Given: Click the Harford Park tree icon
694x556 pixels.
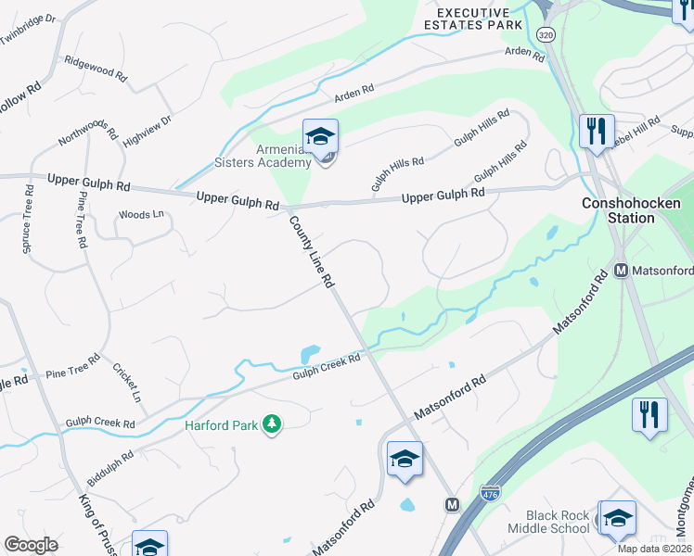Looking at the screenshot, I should point(272,424).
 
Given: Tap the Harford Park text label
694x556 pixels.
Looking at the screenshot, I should point(221,425).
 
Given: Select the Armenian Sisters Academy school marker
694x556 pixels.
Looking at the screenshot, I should point(320,138).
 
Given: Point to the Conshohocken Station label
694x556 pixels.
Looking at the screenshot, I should point(631,210).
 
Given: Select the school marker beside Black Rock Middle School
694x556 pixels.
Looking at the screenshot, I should point(617,519).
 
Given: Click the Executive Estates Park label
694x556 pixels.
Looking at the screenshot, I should point(474,18).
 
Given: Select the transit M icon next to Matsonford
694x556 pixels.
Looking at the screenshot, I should point(623,272).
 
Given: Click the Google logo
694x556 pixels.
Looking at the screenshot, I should point(31,544).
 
